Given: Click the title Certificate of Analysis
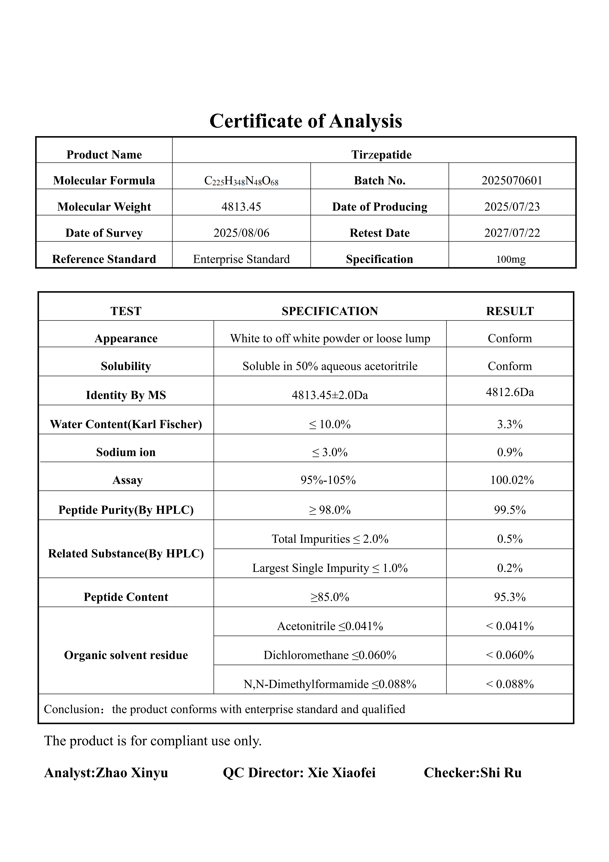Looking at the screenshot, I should (x=306, y=121).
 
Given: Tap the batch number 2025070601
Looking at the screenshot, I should (x=512, y=181).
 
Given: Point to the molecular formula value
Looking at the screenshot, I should (x=241, y=181).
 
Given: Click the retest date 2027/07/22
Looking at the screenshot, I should (x=512, y=233).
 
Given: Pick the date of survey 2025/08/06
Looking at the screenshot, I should (x=241, y=233).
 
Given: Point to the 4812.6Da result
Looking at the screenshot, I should (x=510, y=392).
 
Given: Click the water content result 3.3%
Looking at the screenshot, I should (x=510, y=424).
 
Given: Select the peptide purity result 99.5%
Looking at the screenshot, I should (x=510, y=510).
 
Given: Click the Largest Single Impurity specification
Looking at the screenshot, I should (x=330, y=568).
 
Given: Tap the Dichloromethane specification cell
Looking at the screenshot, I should (x=330, y=655).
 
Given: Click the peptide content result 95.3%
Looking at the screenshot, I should (x=510, y=597).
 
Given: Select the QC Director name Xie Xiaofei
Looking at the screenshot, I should (x=341, y=773).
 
